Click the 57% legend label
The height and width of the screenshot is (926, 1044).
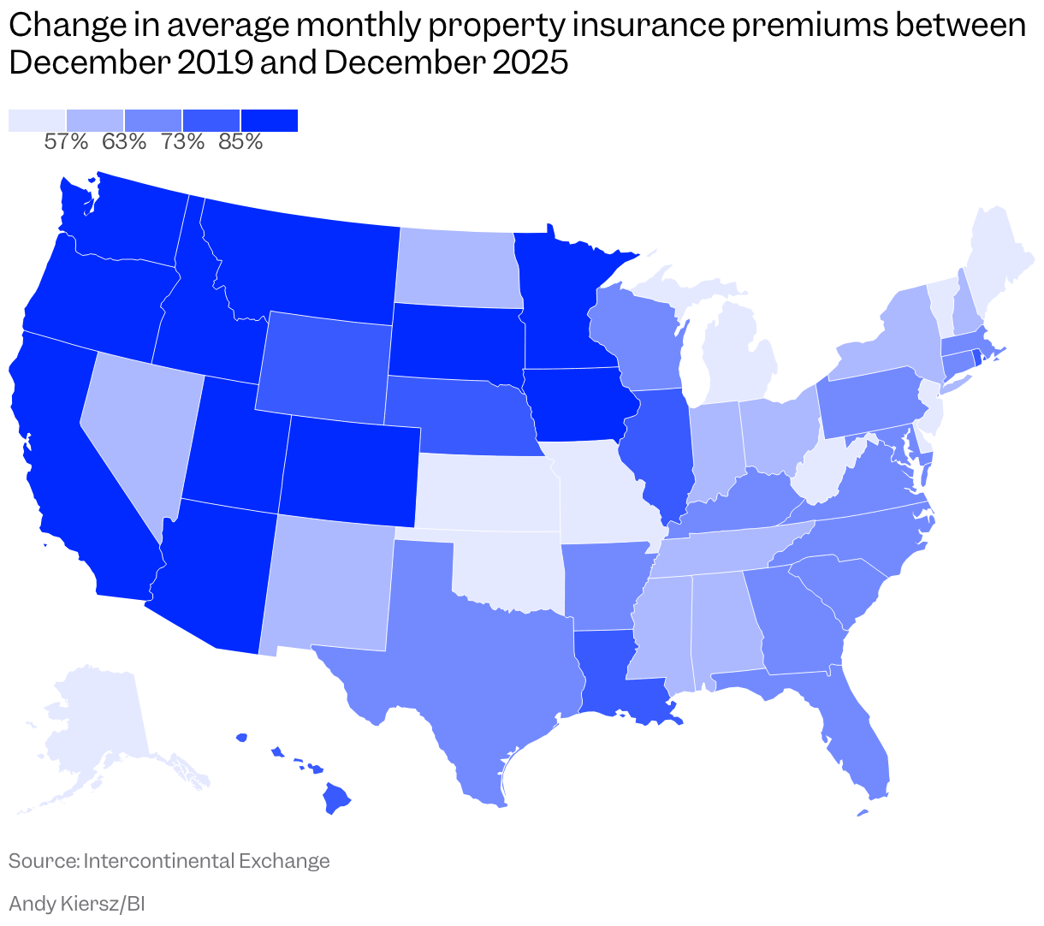point(66,142)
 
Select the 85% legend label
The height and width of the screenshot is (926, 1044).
point(240,142)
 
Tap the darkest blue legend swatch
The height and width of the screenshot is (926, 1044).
point(270,121)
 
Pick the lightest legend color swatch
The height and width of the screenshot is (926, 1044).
point(37,121)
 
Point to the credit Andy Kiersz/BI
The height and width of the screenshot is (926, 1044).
point(76,903)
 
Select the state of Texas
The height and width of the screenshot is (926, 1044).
point(479,668)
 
